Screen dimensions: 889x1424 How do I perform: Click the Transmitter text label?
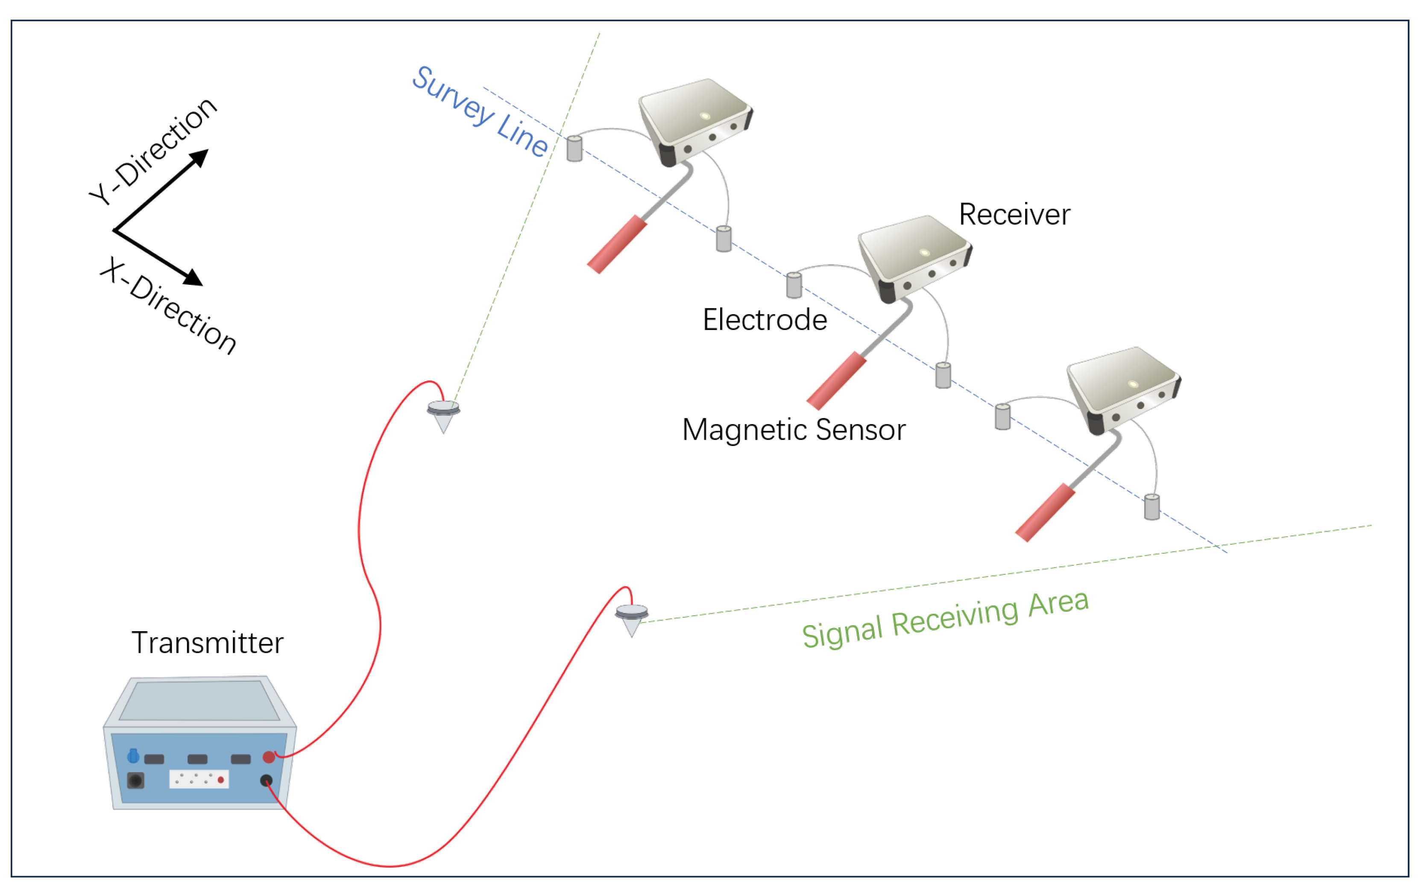(x=207, y=643)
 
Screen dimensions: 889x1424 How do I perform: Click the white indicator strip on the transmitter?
(x=199, y=779)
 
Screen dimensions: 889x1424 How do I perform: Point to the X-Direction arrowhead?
(x=193, y=278)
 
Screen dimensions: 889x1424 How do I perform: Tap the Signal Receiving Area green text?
(x=945, y=619)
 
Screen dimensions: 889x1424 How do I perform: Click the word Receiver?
(x=1014, y=214)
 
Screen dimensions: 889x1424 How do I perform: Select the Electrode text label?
(x=765, y=320)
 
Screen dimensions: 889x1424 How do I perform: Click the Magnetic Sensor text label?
(x=794, y=430)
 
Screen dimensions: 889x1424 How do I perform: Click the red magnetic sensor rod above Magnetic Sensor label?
(x=836, y=380)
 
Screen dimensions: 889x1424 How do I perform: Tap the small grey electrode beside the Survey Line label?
(x=574, y=148)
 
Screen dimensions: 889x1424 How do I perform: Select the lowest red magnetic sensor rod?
(x=1045, y=512)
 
